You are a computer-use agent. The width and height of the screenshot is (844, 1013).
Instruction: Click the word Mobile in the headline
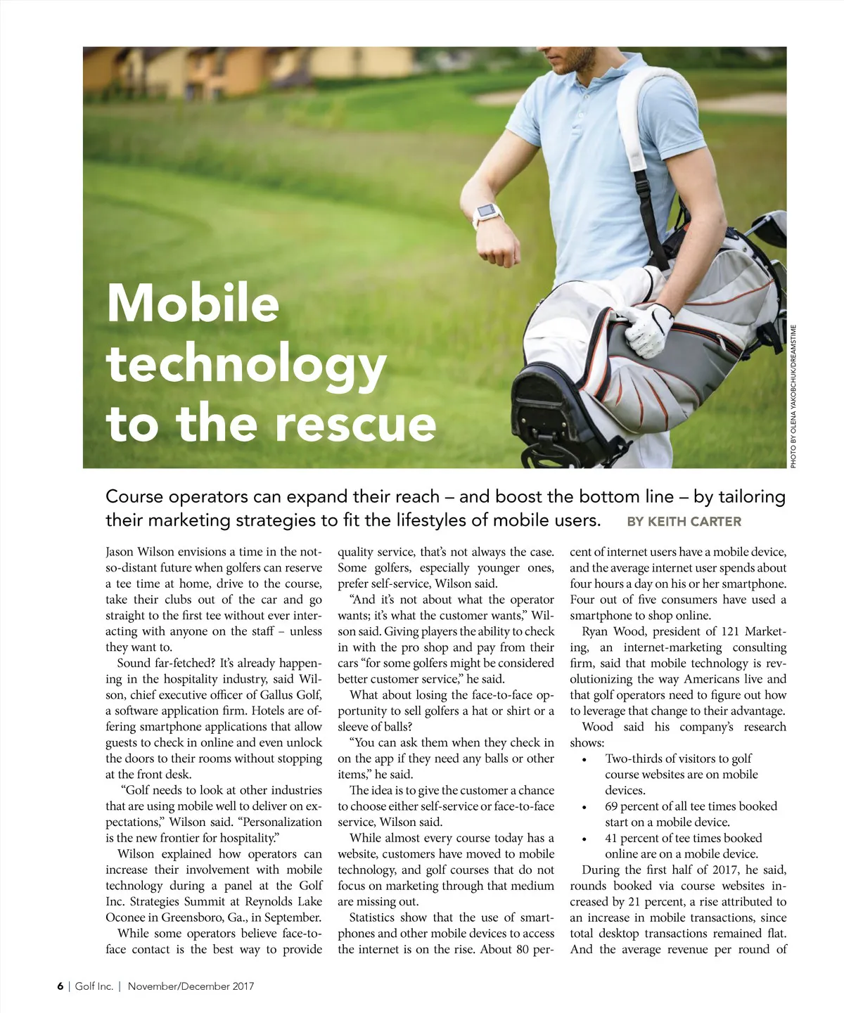tap(193, 303)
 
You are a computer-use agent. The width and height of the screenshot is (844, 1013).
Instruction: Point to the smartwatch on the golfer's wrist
tap(486, 212)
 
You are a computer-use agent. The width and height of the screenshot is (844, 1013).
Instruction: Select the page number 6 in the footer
tap(60, 986)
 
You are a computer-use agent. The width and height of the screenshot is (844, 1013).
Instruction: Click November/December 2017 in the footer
tap(191, 986)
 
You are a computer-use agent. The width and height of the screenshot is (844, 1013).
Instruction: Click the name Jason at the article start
tap(120, 552)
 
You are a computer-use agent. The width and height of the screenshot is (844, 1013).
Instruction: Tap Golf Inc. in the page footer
tap(94, 986)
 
